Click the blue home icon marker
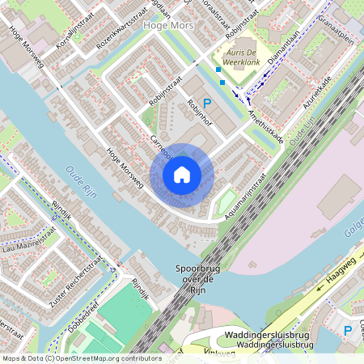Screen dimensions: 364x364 182,175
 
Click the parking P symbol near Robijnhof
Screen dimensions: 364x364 206,104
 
